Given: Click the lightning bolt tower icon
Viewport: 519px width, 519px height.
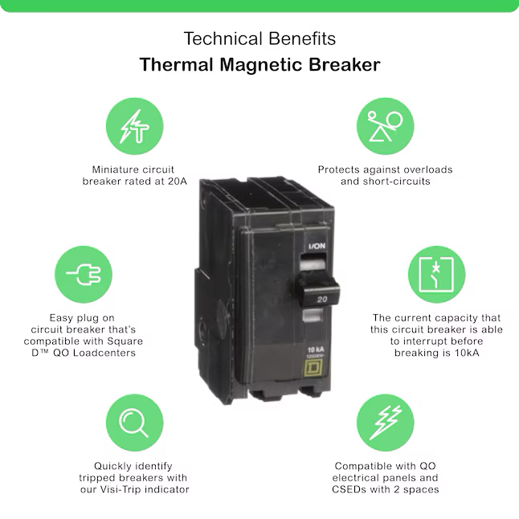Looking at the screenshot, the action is pyautogui.click(x=135, y=126).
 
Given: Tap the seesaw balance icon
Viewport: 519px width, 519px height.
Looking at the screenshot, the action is pyautogui.click(x=386, y=126).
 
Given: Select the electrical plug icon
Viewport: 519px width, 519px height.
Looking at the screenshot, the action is pyautogui.click(x=84, y=275).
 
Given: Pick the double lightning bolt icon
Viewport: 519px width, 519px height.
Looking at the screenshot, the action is pyautogui.click(x=386, y=423).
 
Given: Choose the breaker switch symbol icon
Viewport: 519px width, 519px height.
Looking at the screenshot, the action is pyautogui.click(x=436, y=275).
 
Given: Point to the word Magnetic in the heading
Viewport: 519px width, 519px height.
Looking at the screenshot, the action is pyautogui.click(x=261, y=64).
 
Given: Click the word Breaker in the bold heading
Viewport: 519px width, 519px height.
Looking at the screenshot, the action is pyautogui.click(x=344, y=64).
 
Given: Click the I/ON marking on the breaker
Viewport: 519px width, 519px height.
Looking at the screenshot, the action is pyautogui.click(x=317, y=246).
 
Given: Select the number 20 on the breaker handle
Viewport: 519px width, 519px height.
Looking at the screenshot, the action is pyautogui.click(x=322, y=300).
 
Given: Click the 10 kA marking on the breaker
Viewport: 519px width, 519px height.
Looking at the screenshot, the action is pyautogui.click(x=316, y=350).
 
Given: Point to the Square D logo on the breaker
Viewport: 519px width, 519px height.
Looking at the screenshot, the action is pyautogui.click(x=313, y=368).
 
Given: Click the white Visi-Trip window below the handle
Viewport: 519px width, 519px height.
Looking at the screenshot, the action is pyautogui.click(x=313, y=315).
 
